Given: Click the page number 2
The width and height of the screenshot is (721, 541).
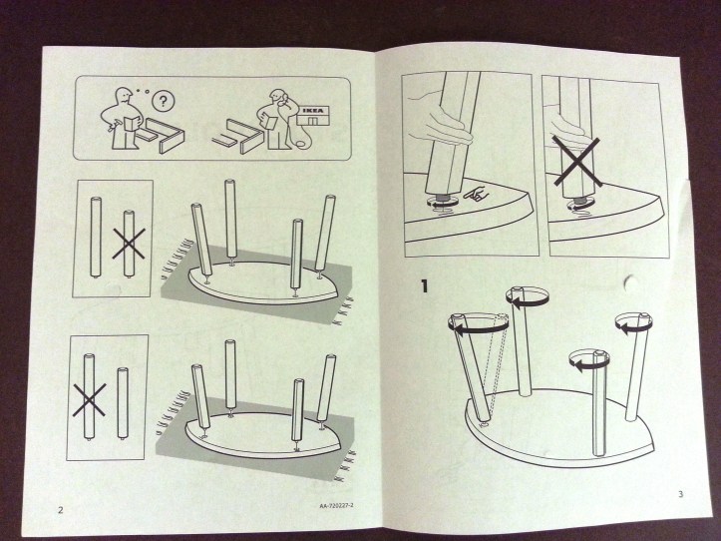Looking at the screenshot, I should (x=61, y=510).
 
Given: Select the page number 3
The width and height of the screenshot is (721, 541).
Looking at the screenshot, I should (x=680, y=494).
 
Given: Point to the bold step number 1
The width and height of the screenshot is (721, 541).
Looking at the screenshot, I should (x=426, y=286).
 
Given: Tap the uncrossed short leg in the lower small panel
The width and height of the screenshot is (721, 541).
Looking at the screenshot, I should (x=121, y=403).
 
